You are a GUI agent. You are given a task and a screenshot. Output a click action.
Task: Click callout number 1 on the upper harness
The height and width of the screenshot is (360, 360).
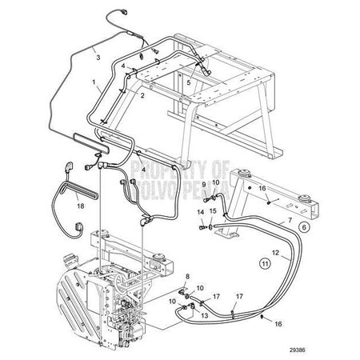coord(95,82)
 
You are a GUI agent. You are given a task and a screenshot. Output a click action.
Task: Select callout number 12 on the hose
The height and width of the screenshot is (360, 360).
coord(274,254)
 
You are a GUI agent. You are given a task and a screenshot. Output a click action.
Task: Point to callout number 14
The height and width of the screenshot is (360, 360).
coord(200,211)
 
